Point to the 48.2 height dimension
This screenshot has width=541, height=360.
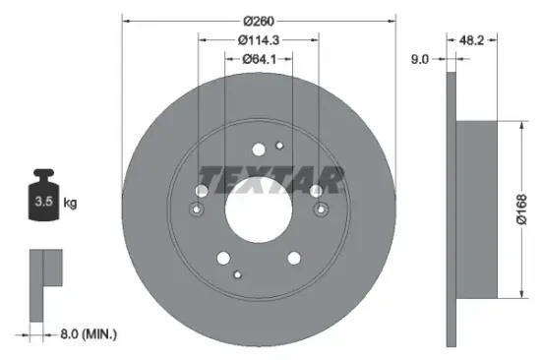click(474, 40)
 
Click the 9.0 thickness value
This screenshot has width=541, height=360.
click(418, 60)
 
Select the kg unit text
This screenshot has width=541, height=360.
click(70, 203)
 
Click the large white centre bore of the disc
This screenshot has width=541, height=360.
click(258, 209)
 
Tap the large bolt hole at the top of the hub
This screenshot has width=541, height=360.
click(259, 150)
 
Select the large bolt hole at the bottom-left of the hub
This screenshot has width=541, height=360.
click(223, 259)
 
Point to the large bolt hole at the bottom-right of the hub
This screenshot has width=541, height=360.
click(293, 259)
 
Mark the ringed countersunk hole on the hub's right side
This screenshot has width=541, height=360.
click(319, 209)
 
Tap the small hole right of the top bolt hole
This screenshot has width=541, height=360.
click(279, 147)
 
